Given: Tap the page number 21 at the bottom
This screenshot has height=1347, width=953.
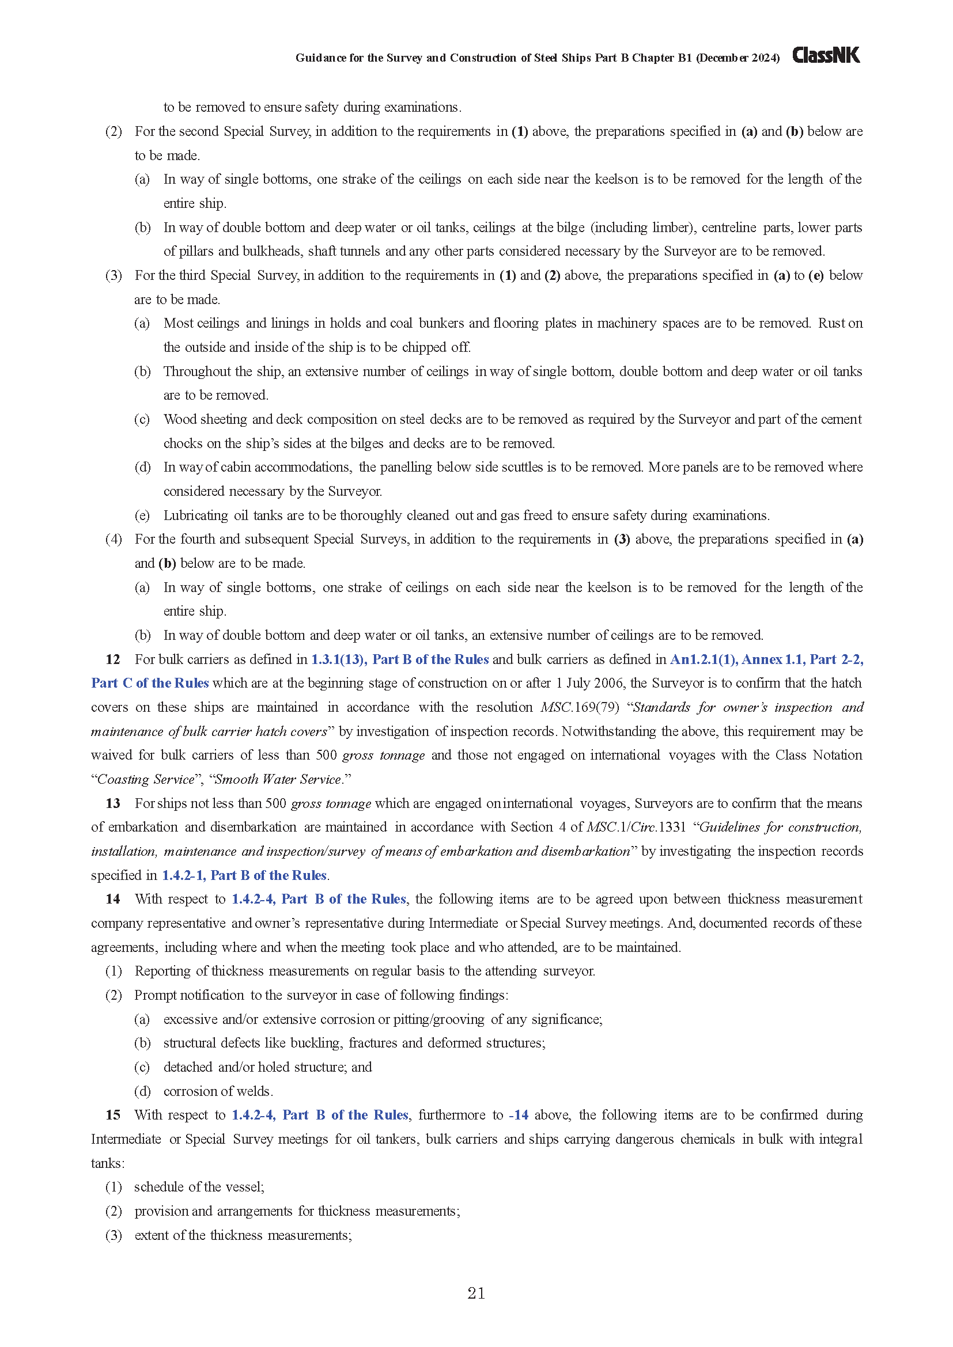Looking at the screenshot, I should pyautogui.click(x=476, y=1293).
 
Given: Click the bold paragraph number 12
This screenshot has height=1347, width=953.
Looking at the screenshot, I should pyautogui.click(x=113, y=659).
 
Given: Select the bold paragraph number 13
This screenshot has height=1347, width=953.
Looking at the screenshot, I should pyautogui.click(x=113, y=803).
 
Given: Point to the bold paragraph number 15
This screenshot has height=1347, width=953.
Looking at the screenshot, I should pyautogui.click(x=113, y=1115).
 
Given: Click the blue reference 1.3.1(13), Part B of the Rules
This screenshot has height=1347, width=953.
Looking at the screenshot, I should pyautogui.click(x=400, y=659).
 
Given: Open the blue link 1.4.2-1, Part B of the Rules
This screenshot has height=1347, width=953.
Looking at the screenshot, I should pyautogui.click(x=244, y=875).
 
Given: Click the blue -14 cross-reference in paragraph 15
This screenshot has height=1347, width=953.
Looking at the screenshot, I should pyautogui.click(x=519, y=1115).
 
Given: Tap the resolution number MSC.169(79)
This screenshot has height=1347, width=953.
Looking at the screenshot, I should pyautogui.click(x=579, y=708).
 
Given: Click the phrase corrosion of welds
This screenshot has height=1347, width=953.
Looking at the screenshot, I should pyautogui.click(x=218, y=1091).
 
